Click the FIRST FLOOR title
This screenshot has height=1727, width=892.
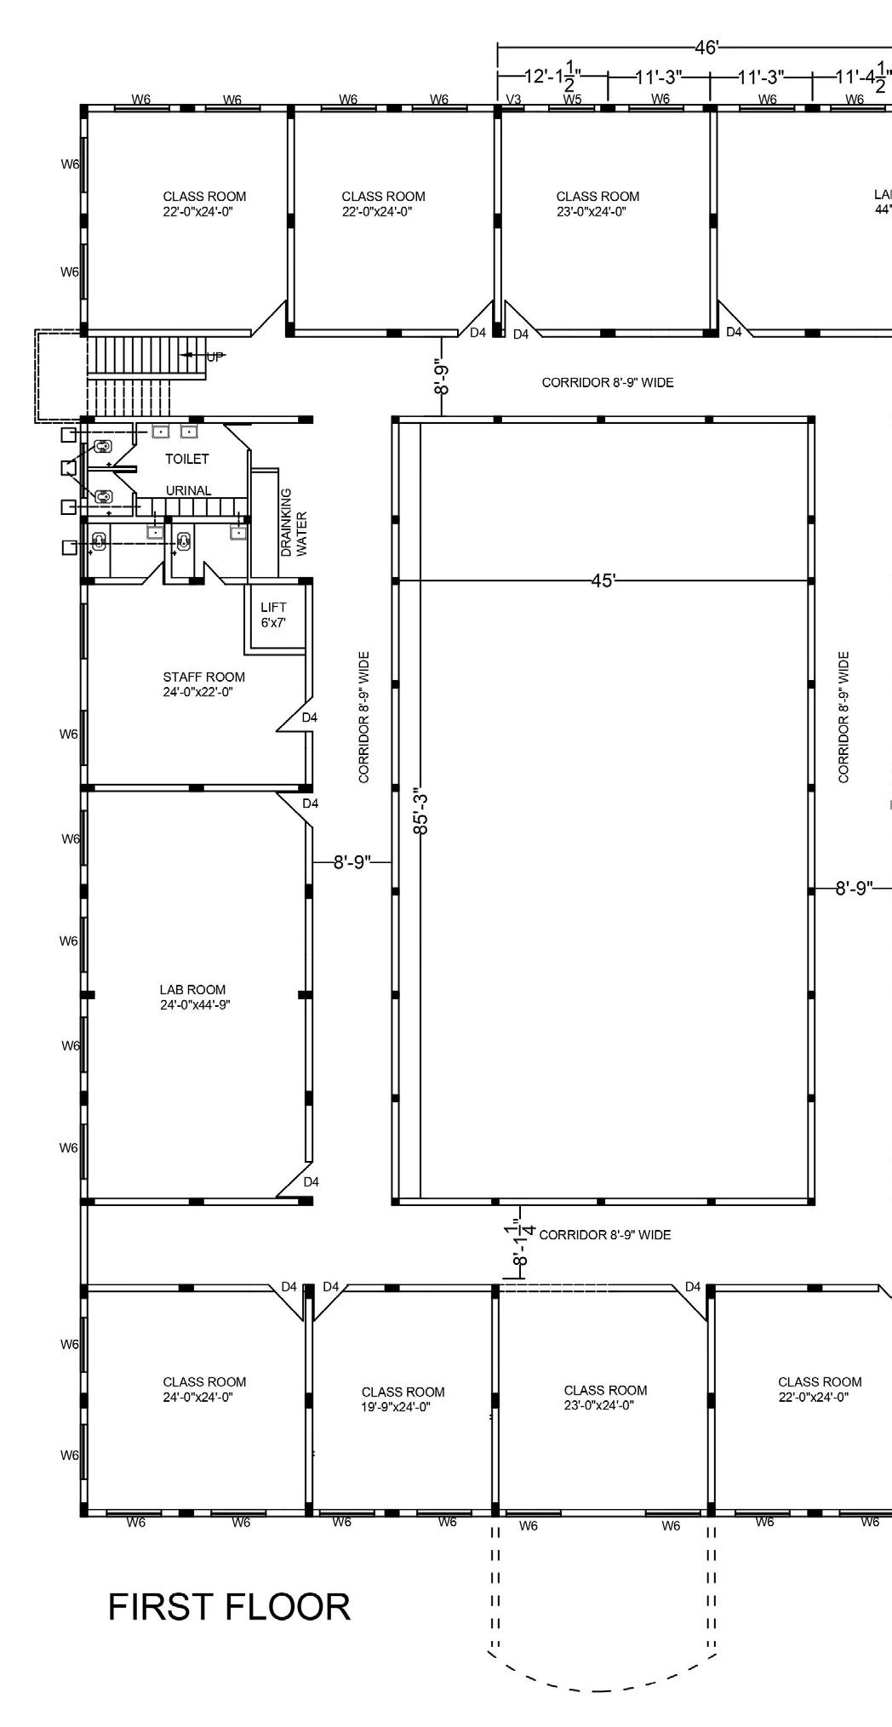229,1607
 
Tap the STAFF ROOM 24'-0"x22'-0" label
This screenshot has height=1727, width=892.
204,684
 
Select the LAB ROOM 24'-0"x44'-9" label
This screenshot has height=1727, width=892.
195,997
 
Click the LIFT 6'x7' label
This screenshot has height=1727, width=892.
273,615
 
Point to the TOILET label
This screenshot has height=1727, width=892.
187,459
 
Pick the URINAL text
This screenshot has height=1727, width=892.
189,491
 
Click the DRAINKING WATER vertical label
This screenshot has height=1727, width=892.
294,523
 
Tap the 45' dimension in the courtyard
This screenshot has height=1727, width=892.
603,581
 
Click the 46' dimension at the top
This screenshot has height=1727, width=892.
706,48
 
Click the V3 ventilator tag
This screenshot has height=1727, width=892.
513,100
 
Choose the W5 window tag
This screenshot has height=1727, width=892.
573,99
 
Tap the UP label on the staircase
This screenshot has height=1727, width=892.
215,357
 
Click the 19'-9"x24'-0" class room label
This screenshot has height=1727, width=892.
403,1399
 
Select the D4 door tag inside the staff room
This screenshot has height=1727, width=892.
310,718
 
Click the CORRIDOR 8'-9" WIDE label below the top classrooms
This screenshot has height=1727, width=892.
608,383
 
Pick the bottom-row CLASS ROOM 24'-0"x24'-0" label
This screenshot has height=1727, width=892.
204,1389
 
